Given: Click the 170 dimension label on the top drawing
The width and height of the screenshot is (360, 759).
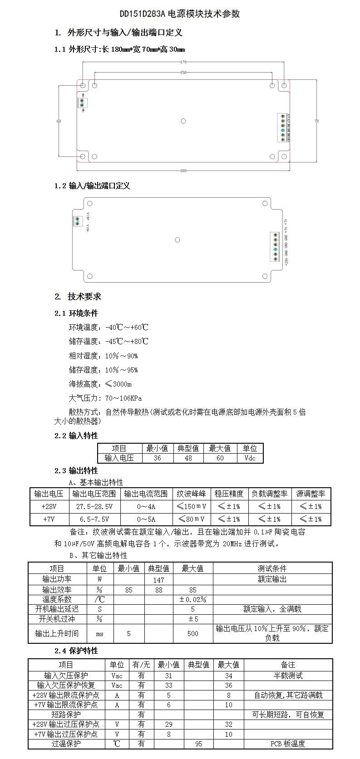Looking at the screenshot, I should (x=183, y=62).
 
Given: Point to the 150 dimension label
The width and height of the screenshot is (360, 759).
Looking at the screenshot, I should (x=183, y=73).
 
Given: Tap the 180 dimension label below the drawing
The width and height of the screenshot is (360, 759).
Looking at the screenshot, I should (x=183, y=171).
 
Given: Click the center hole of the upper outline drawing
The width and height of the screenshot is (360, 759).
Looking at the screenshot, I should (x=183, y=121).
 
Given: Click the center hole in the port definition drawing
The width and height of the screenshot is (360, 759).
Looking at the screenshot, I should (x=178, y=240).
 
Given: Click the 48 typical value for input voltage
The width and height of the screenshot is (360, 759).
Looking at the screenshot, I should (x=188, y=458).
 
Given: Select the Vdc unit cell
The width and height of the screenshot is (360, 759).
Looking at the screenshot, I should (x=250, y=458).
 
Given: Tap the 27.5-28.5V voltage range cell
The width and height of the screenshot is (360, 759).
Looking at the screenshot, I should (x=94, y=507).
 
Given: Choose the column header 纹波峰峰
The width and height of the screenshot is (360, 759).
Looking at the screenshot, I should (x=191, y=494).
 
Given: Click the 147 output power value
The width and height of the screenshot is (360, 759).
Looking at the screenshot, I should (x=158, y=580).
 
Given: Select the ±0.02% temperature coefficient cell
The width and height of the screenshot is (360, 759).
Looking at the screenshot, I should (x=192, y=599).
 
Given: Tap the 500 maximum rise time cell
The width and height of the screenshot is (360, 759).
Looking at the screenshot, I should (x=192, y=633).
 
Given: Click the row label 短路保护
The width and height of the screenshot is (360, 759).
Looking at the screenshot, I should (x=66, y=715).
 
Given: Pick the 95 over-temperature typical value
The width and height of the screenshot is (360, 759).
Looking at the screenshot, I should (x=198, y=744).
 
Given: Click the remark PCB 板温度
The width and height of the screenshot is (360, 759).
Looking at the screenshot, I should (x=288, y=744).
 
